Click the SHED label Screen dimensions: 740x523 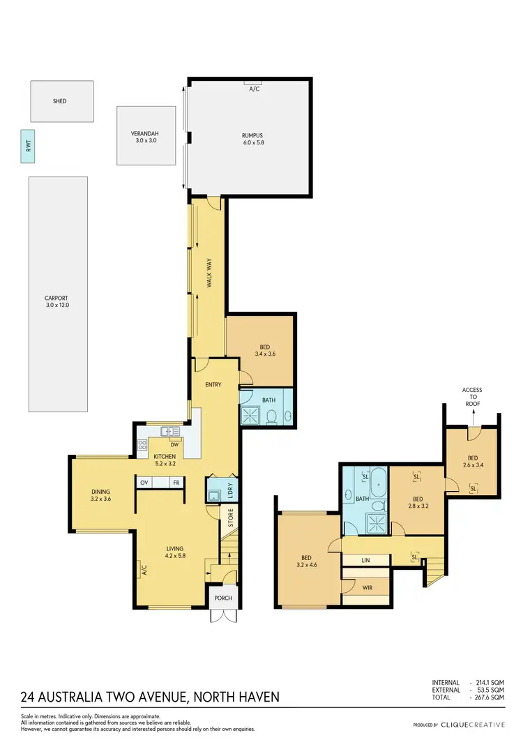(x=60, y=101)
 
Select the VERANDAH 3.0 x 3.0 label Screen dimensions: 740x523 (x=146, y=137)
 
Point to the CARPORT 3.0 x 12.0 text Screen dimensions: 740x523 (x=57, y=301)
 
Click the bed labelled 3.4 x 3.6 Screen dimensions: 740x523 (x=265, y=350)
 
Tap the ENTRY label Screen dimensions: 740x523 (x=213, y=385)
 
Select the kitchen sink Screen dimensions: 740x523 (x=167, y=431)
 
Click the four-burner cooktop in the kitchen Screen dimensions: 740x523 (x=142, y=444)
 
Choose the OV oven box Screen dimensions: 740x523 (x=145, y=483)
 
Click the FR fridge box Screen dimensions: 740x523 (x=177, y=483)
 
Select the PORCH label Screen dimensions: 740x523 (x=223, y=598)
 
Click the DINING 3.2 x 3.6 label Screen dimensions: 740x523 (x=101, y=495)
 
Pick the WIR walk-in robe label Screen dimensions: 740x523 (x=367, y=588)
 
